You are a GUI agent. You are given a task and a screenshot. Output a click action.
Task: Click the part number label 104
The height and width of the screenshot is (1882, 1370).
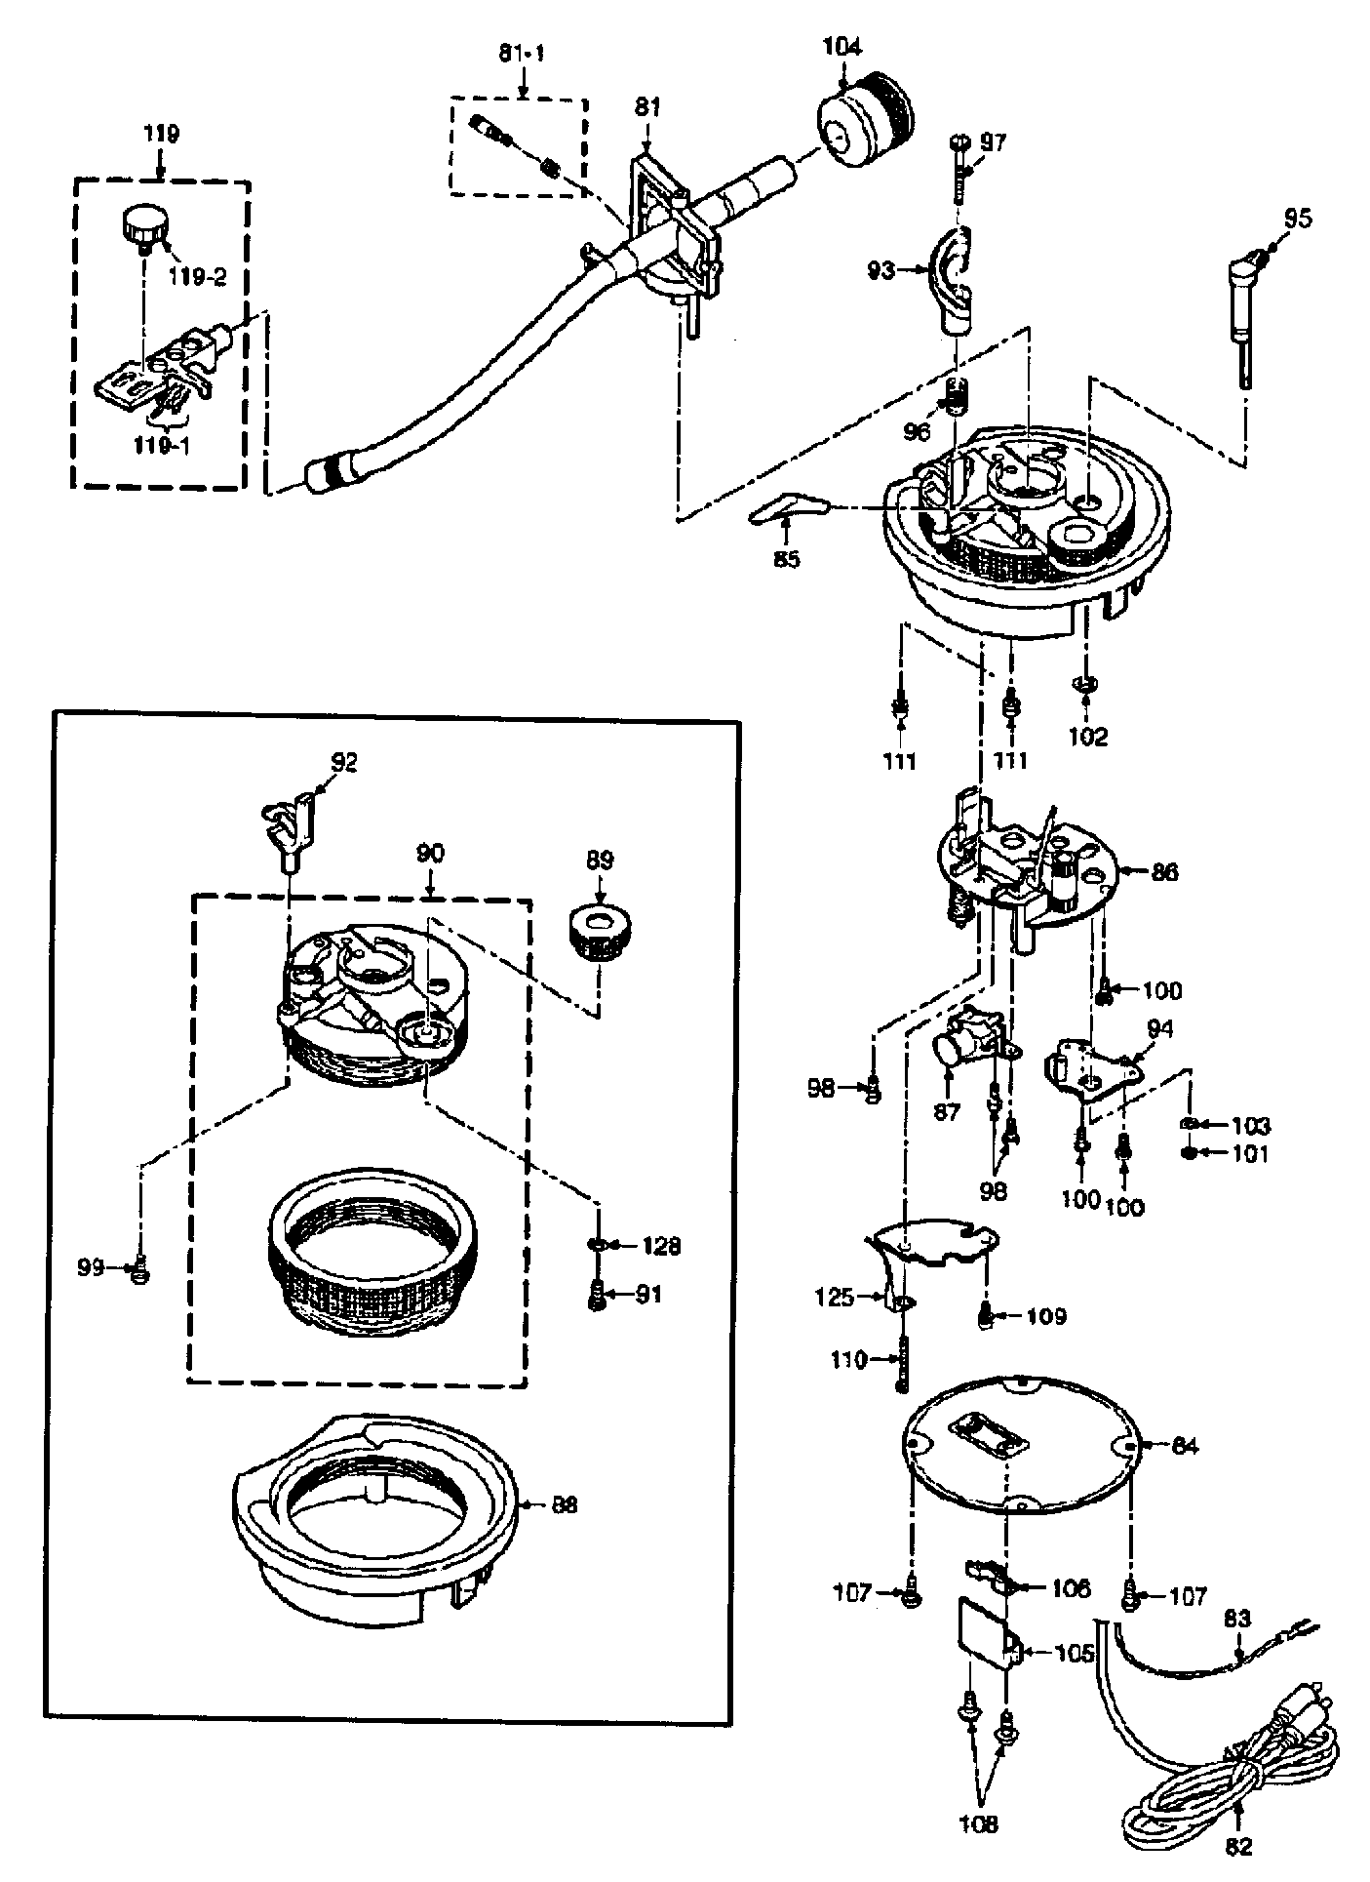click(842, 47)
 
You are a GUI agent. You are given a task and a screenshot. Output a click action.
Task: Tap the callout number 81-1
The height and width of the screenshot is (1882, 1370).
click(522, 54)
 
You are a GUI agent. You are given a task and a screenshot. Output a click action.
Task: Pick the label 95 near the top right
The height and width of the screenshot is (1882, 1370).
click(1297, 218)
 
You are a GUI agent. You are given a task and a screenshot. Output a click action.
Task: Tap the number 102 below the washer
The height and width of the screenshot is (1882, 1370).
click(1087, 737)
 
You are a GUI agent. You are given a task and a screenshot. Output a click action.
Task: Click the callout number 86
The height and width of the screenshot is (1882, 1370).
click(1163, 871)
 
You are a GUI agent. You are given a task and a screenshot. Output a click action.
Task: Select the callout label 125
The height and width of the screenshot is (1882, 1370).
click(834, 1298)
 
